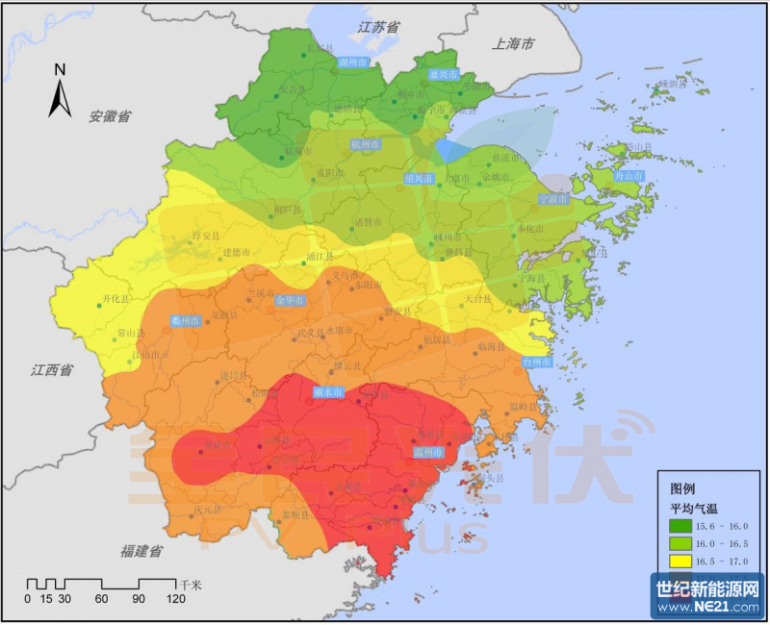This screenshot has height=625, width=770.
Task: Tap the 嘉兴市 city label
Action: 444,74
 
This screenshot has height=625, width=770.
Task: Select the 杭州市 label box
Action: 366,144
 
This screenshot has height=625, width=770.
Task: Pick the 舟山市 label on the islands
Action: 629,176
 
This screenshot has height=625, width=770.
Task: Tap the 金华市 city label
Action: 290,301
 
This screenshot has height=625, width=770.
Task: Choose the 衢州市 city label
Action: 185,320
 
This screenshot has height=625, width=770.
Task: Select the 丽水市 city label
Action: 328,392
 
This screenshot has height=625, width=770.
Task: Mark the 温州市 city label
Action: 426,452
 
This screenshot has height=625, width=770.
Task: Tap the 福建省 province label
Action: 141,552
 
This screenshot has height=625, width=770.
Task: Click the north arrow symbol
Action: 60,93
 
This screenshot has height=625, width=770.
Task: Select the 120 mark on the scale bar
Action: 175,599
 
